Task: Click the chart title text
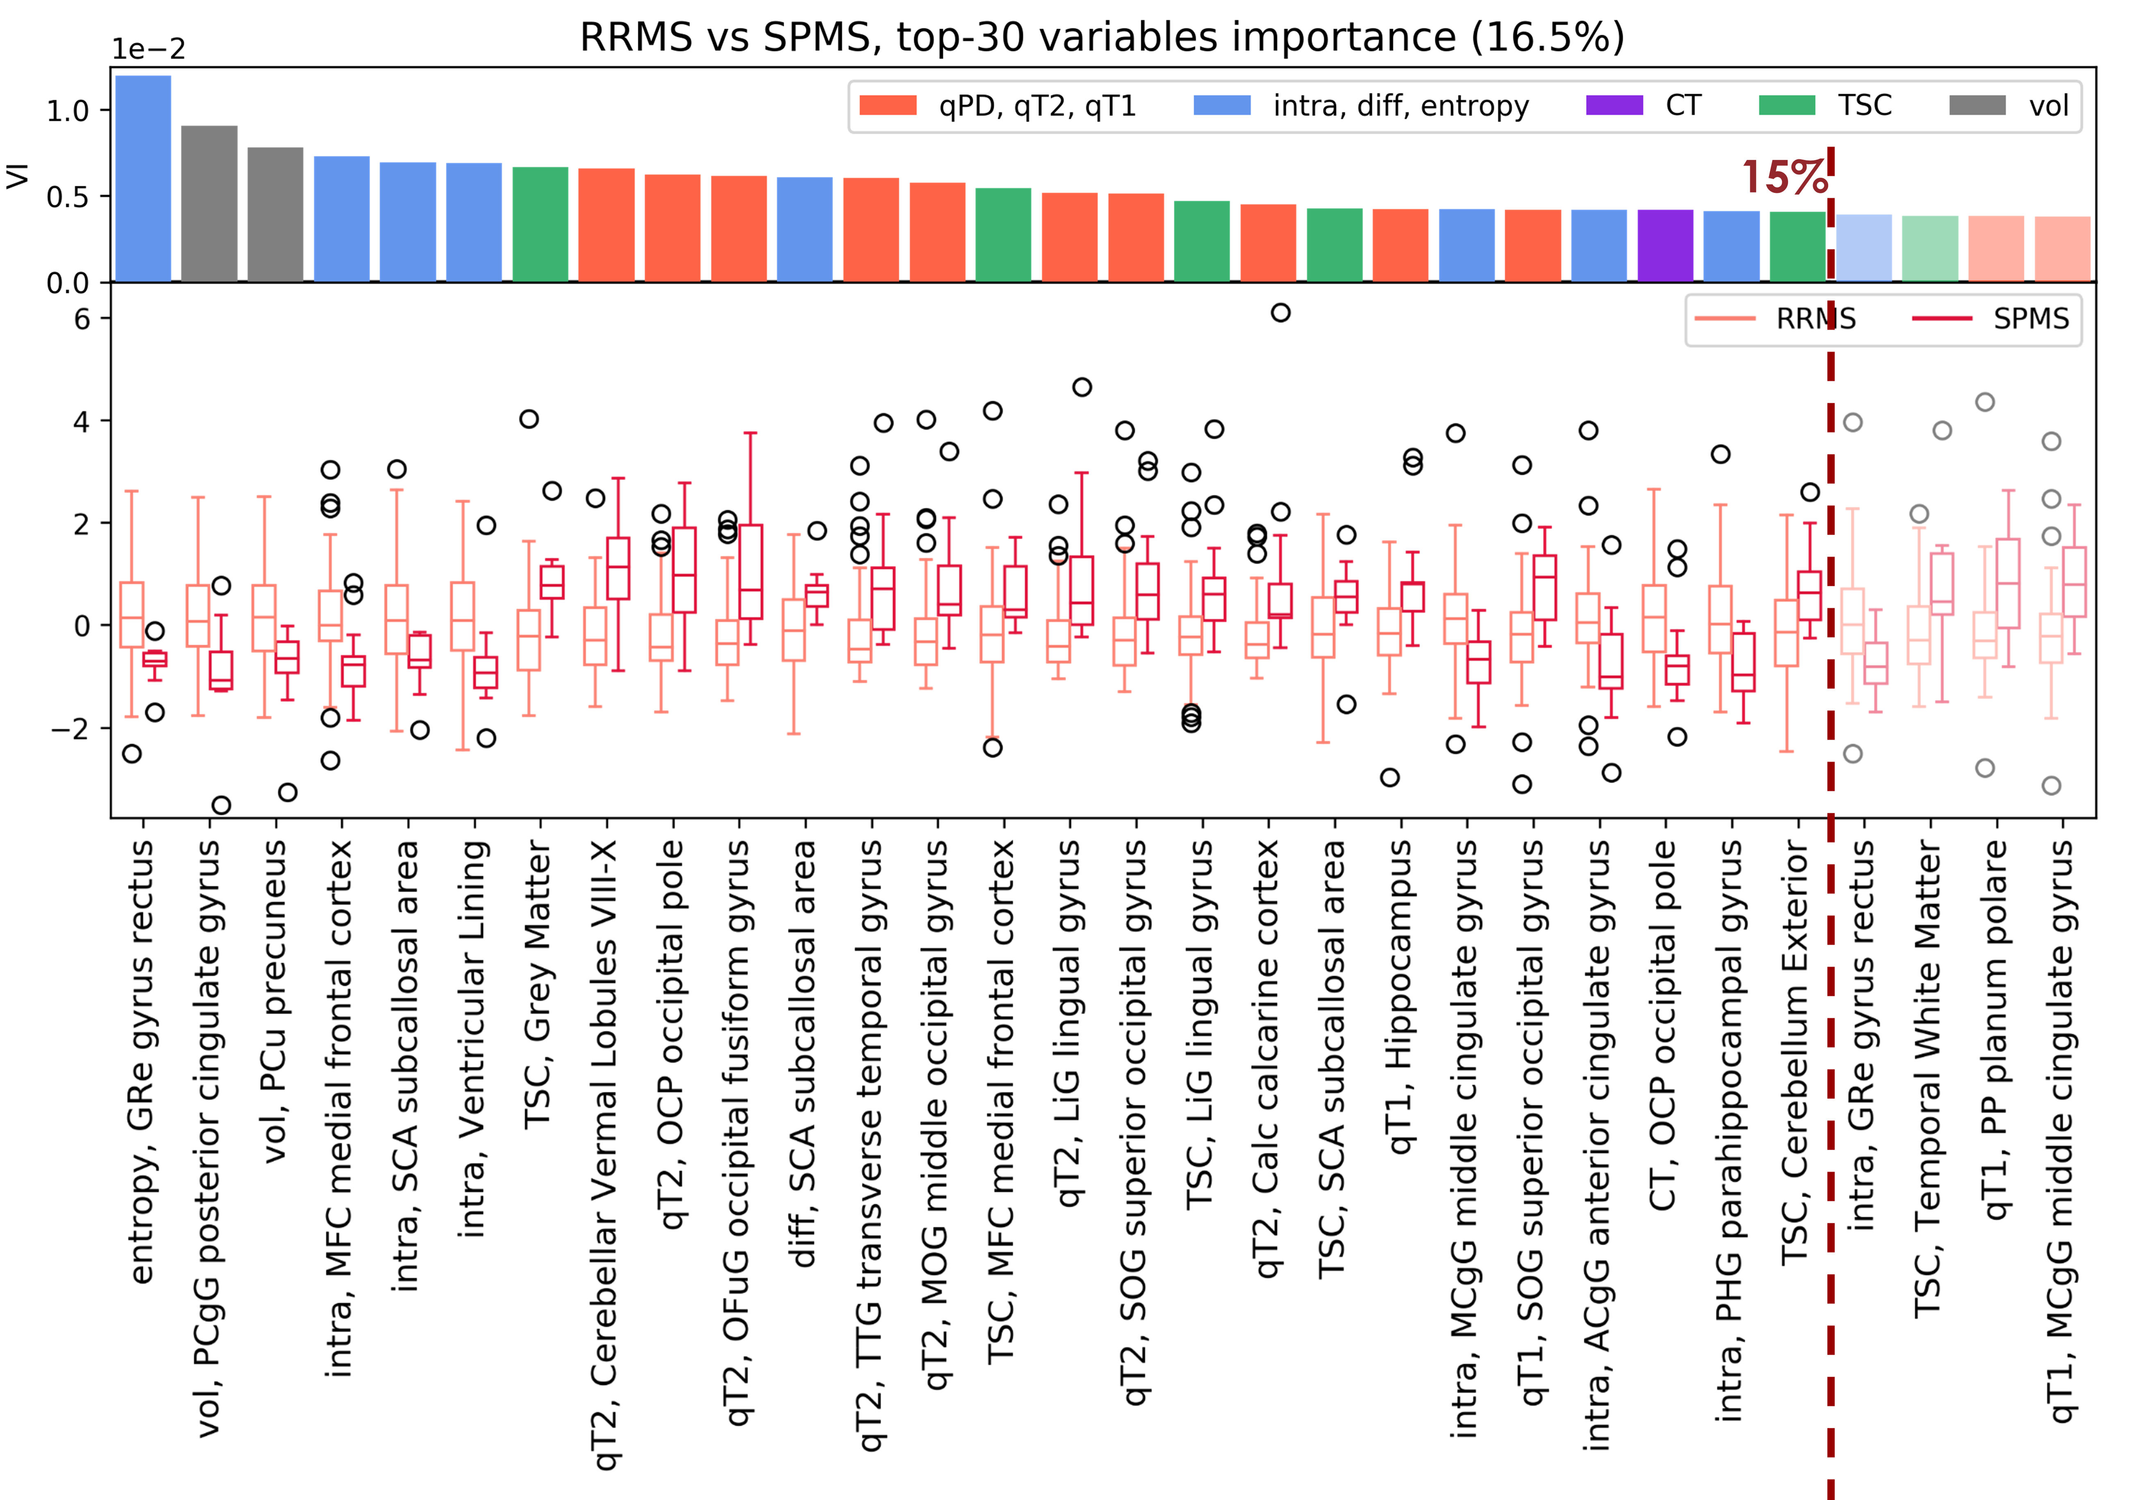1102,37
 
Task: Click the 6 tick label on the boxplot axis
82,319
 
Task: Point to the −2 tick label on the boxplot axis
70,728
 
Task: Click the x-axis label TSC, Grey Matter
538,984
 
